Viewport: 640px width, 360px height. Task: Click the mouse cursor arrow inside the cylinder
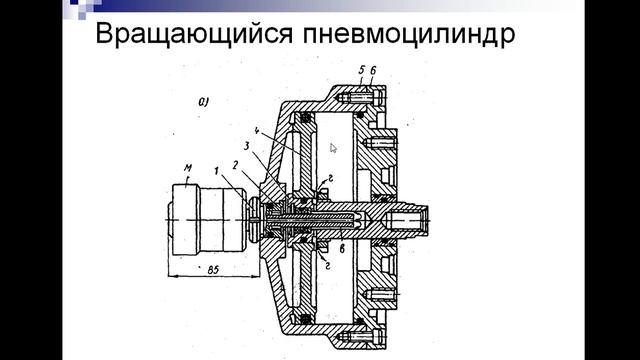coord(334,147)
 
